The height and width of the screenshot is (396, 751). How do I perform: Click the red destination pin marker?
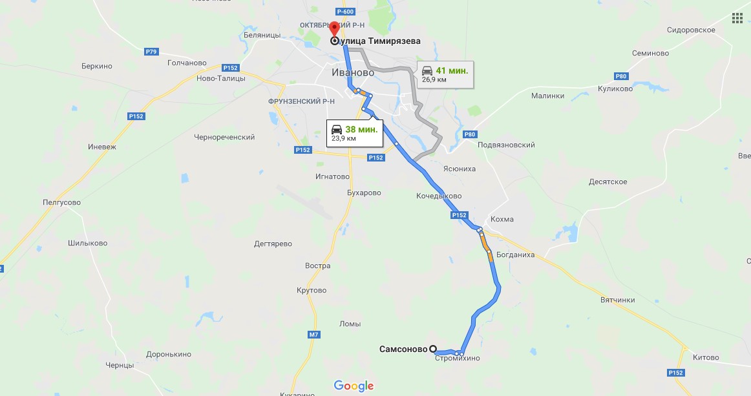pos(333,29)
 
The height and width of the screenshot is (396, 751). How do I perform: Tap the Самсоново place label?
pos(403,349)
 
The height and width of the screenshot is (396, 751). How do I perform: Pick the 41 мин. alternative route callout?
pos(444,74)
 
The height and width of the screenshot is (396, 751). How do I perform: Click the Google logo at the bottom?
pos(354,386)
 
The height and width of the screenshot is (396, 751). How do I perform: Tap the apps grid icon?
pos(737,17)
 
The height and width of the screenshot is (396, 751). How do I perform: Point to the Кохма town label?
pos(502,219)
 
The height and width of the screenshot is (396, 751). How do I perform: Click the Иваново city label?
pos(353,72)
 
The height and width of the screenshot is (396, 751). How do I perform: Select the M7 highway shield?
pos(314,334)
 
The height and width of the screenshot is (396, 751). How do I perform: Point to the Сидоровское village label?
pos(691,30)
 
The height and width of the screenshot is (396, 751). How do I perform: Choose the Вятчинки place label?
pos(617,300)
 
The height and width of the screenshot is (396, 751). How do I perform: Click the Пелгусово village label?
pos(61,202)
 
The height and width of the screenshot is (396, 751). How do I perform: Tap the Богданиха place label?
pos(516,254)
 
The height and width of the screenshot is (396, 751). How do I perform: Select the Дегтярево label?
pos(273,244)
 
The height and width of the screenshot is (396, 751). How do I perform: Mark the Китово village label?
pos(705,357)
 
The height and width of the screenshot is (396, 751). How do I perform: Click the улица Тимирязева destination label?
pos(380,41)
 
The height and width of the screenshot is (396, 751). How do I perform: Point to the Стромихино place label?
pos(458,359)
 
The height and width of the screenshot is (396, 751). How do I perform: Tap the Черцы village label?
pos(120,365)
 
